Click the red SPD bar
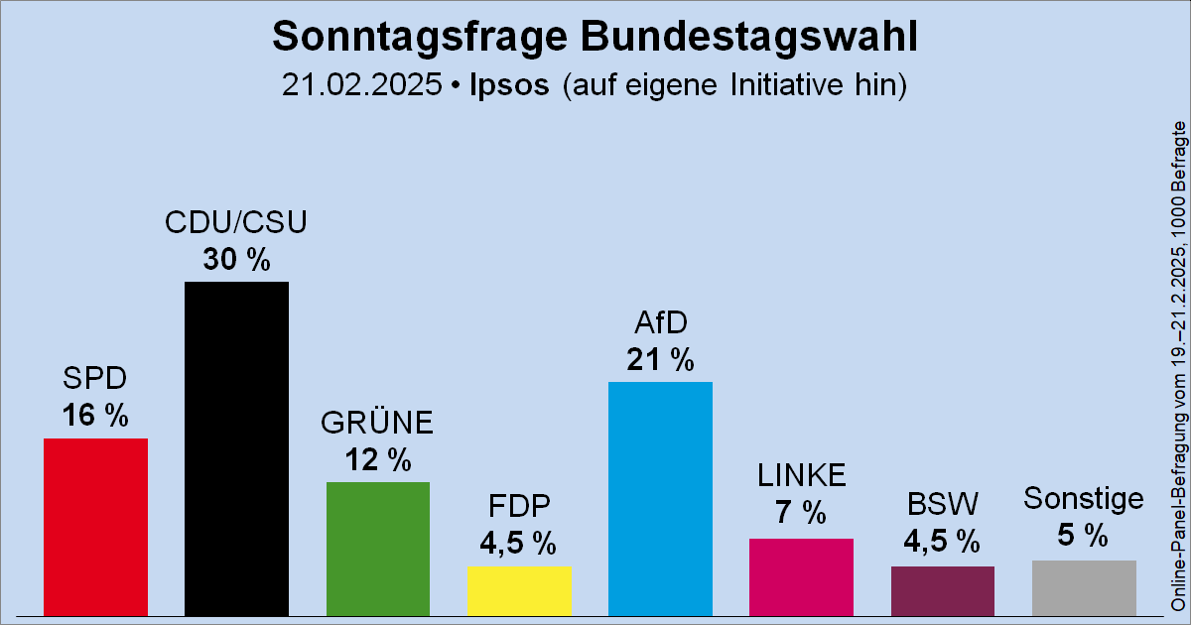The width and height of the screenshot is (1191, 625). (95, 526)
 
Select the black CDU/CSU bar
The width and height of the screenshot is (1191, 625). (237, 446)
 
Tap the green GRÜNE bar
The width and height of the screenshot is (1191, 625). (378, 548)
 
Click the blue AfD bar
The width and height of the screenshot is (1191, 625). (660, 496)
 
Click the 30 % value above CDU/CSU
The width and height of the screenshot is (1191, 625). (237, 260)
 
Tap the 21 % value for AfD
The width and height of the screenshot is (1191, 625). (660, 360)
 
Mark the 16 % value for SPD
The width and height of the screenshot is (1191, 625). (95, 416)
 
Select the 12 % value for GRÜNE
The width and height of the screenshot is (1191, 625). (378, 459)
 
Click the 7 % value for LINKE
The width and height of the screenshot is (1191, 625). (801, 513)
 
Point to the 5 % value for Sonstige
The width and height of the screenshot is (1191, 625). (1084, 536)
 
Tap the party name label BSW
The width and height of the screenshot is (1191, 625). (942, 505)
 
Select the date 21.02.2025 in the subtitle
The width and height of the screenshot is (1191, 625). (361, 84)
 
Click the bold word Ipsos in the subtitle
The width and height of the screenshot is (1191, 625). (508, 84)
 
